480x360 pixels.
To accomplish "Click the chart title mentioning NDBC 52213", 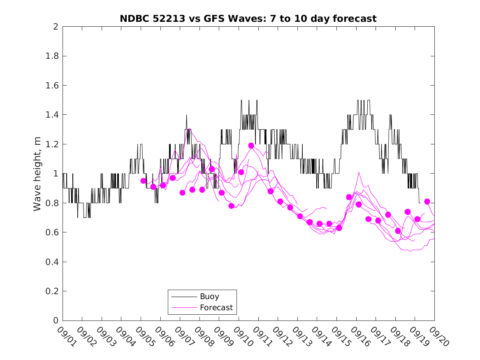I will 248,19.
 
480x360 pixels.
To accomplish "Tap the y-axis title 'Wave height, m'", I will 37,174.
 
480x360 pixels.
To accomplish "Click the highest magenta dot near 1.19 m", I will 251,146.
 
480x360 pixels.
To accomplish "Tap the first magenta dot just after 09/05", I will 143,181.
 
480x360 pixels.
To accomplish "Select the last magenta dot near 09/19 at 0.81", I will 427,201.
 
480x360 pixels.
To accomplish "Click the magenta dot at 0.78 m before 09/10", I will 231,206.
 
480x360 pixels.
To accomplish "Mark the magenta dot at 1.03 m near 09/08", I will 212,169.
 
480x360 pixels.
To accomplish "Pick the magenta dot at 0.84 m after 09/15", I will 349,197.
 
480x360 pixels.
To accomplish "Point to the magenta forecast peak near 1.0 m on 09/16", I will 359,172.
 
